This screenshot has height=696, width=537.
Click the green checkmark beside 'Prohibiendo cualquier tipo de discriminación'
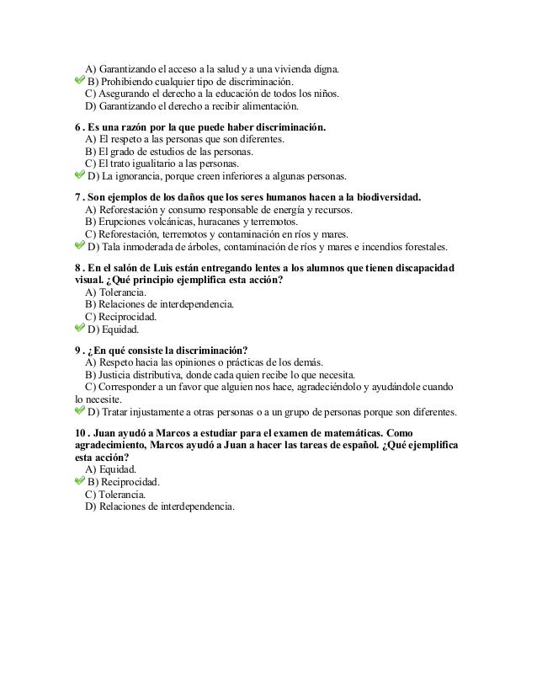pyautogui.click(x=80, y=80)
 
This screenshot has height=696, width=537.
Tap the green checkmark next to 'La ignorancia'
pyautogui.click(x=80, y=175)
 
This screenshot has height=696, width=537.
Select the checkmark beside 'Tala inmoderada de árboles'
pyautogui.click(x=80, y=246)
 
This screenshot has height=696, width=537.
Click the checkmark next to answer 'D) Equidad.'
pyautogui.click(x=80, y=329)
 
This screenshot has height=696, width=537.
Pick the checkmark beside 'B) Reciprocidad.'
pyautogui.click(x=80, y=482)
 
